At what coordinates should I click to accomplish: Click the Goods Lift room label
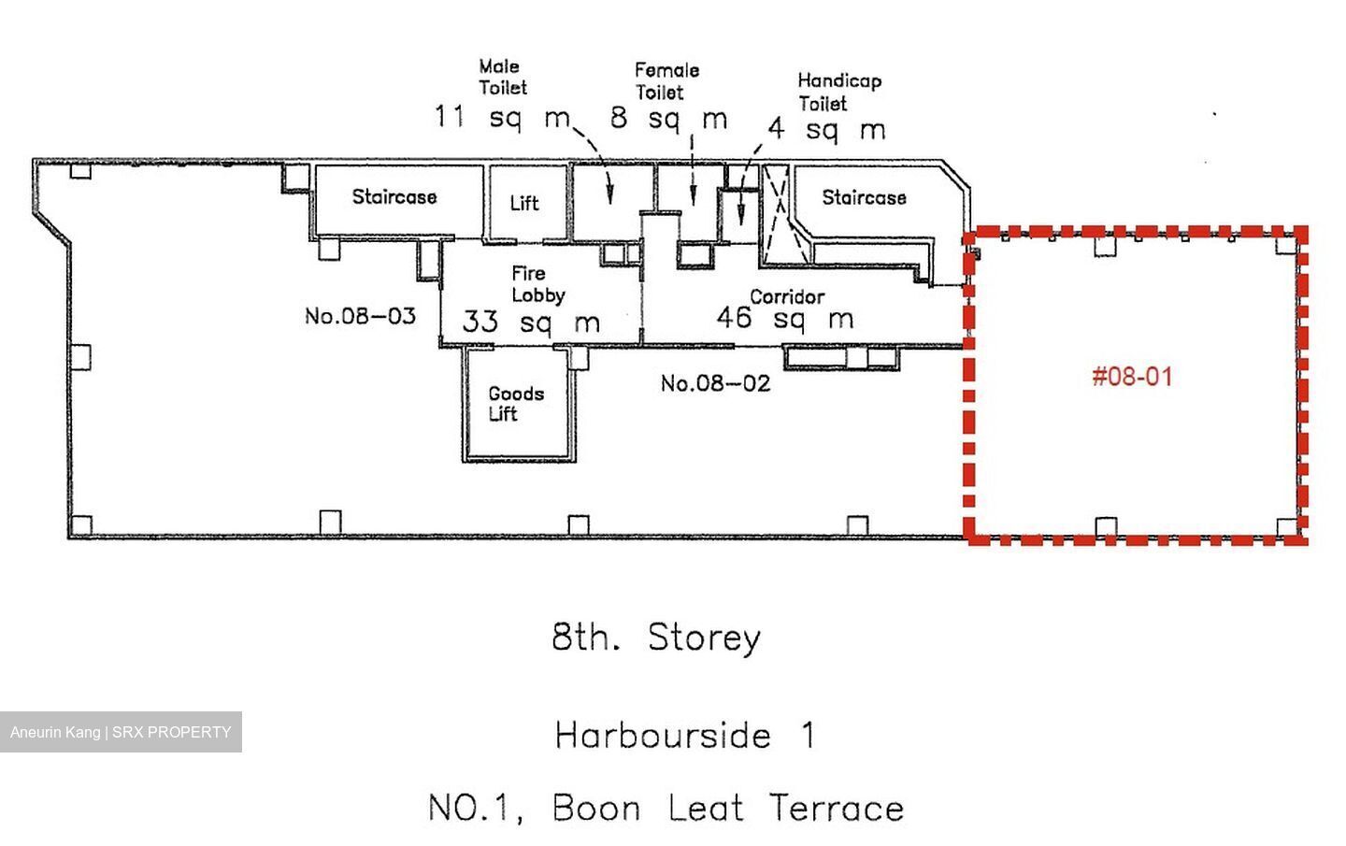[x=516, y=404]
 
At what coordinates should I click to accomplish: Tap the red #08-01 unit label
[x=1132, y=377]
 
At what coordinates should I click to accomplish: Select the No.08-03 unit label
[x=360, y=316]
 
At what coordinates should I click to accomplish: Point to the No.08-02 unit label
[x=715, y=383]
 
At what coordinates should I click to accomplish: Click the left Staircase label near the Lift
[x=394, y=196]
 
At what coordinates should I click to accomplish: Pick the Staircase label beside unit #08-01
[x=864, y=197]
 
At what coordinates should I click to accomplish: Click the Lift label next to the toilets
[x=524, y=203]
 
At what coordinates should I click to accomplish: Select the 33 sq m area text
[x=531, y=323]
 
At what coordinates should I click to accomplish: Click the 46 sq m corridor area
[x=785, y=319]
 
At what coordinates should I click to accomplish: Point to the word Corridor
[x=787, y=297]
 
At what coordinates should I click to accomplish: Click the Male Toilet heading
[x=502, y=77]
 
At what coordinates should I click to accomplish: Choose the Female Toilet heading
[x=667, y=81]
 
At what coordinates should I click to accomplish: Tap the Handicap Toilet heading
[x=839, y=92]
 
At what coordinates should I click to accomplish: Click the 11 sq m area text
[x=502, y=117]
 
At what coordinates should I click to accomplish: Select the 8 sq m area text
[x=669, y=118]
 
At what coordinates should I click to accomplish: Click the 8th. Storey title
[x=656, y=638]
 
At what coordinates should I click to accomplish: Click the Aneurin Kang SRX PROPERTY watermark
[x=121, y=732]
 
